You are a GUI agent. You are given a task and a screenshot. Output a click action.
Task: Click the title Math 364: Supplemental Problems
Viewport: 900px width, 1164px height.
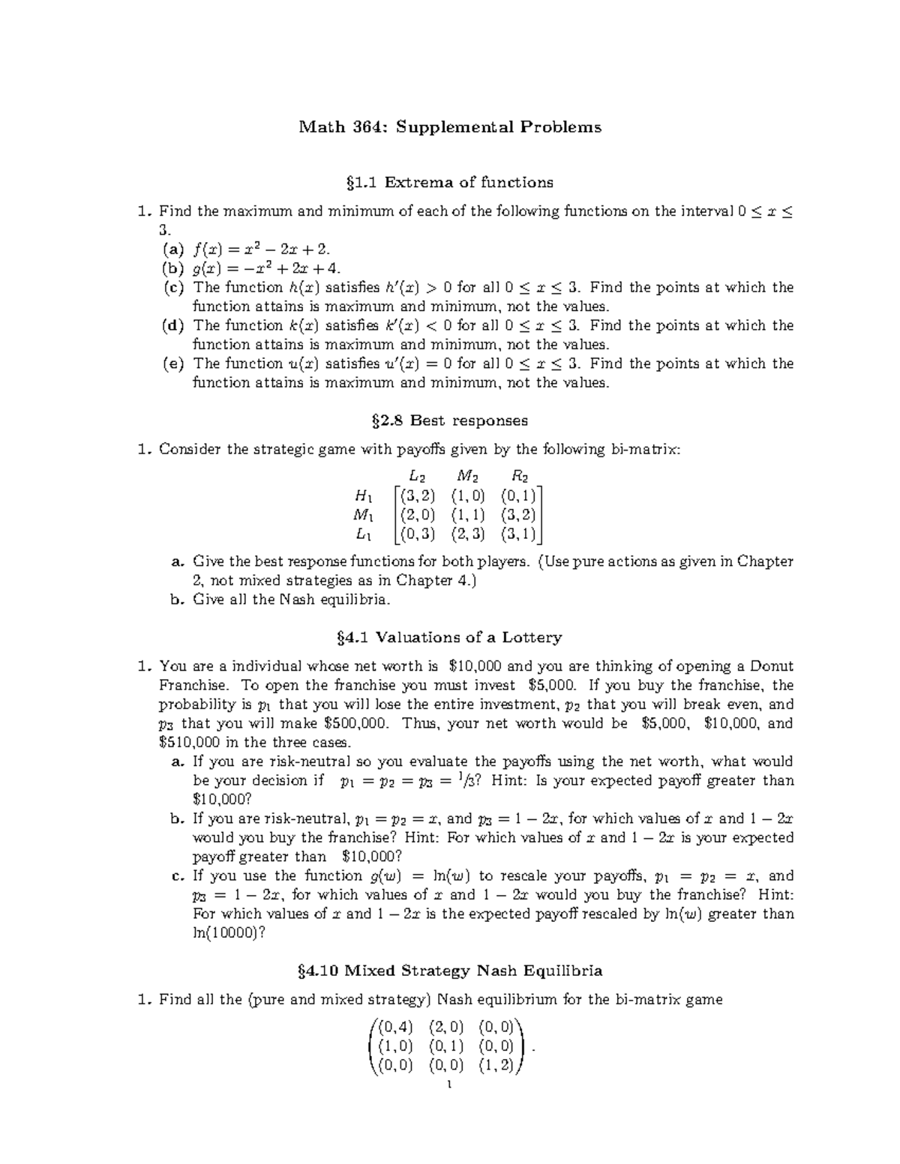pyautogui.click(x=450, y=127)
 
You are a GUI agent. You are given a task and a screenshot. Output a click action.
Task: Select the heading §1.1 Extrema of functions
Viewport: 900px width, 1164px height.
pyautogui.click(x=450, y=182)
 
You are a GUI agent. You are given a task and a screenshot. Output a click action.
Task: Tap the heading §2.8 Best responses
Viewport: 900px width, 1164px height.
pyautogui.click(x=450, y=420)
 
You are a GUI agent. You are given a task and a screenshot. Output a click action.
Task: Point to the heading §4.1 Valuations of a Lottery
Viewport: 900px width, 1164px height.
pyautogui.click(x=450, y=637)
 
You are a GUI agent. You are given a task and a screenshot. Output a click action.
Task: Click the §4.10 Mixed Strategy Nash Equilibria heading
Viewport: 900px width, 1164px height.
pyautogui.click(x=450, y=971)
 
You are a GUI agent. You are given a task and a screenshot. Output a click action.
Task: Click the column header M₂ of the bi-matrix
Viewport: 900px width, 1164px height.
pyautogui.click(x=468, y=476)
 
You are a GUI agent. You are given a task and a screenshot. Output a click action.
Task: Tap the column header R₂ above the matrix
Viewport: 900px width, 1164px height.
pyautogui.click(x=519, y=476)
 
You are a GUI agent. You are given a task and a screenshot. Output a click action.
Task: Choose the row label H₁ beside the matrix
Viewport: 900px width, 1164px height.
pyautogui.click(x=363, y=495)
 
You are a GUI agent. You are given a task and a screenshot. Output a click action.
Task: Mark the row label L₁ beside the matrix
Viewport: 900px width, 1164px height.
pyautogui.click(x=363, y=534)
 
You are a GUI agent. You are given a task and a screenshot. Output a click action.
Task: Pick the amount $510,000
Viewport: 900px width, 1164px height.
pyautogui.click(x=190, y=743)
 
